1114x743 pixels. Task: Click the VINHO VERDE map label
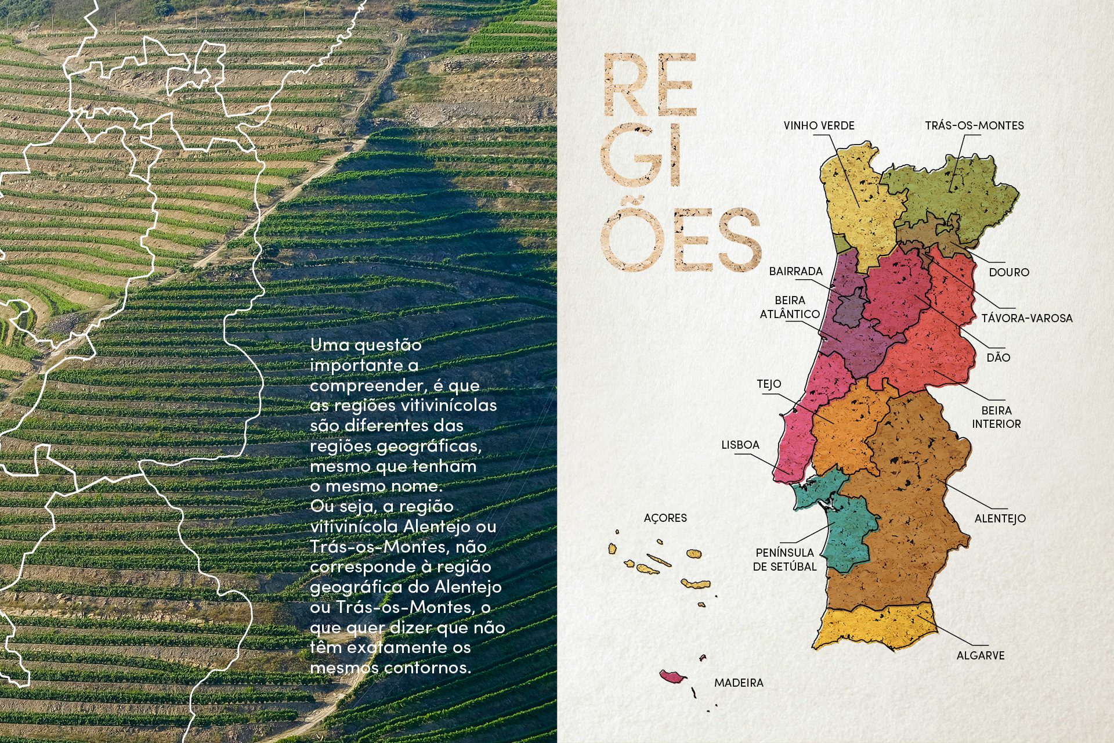pos(819,125)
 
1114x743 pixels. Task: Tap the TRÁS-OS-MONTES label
pos(974,125)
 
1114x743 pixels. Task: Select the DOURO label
pos(1009,272)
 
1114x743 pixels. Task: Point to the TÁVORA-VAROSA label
pos(1027,318)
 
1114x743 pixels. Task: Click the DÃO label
pos(998,358)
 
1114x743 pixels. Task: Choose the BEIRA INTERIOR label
pos(996,417)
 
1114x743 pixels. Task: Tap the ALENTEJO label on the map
pos(1000,518)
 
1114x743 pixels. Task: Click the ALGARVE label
pos(980,655)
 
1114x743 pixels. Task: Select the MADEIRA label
pos(739,683)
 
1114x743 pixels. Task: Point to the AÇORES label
pos(665,518)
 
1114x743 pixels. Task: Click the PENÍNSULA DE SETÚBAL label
pos(784,560)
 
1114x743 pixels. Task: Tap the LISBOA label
pos(740,445)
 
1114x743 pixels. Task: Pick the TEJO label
pos(769,384)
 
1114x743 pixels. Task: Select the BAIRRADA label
pos(795,271)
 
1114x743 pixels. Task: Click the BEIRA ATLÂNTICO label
pos(790,307)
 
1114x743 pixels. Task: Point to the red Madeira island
pos(672,676)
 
